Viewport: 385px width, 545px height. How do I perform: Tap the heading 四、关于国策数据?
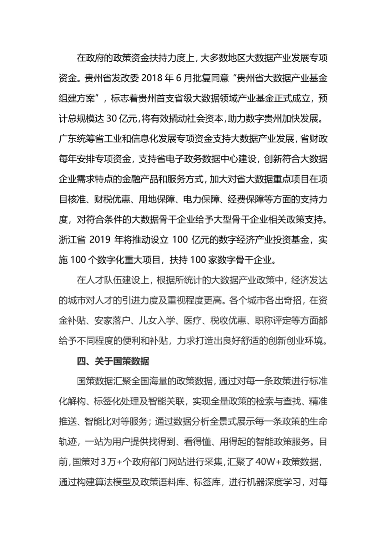pyautogui.click(x=113, y=361)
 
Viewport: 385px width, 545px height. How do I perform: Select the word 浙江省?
pyautogui.click(x=72, y=239)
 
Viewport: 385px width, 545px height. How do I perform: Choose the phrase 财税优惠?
pyautogui.click(x=112, y=199)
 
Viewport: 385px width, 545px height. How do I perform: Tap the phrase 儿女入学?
pyautogui.click(x=156, y=321)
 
